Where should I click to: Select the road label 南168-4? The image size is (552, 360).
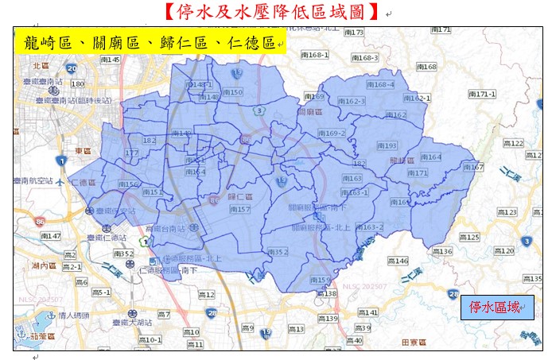(378, 84)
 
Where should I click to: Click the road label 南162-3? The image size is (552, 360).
(351, 101)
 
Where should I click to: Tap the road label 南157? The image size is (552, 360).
(239, 209)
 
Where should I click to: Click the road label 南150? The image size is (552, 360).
(231, 92)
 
